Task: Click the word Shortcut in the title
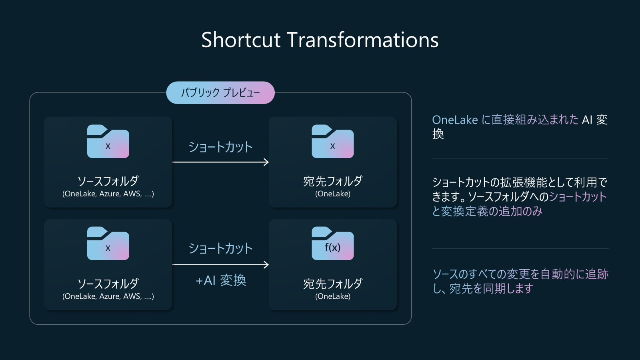pos(240,40)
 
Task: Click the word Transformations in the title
pos(362,40)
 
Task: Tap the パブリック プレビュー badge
pos(220,92)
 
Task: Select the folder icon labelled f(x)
pos(332,243)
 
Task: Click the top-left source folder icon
pos(108,141)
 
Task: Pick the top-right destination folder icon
pos(332,141)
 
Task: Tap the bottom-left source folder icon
pos(108,243)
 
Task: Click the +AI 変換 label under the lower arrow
pos(221,280)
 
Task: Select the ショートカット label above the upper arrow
pos(220,147)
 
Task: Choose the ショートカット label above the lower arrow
pos(220,248)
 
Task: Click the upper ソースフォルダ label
pos(108,181)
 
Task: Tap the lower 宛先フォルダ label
pos(333,284)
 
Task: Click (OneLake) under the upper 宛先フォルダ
pos(333,194)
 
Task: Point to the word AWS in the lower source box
pos(132,296)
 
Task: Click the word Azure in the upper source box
pos(110,194)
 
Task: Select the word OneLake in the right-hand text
pos(455,120)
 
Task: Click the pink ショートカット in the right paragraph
pos(578,197)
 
